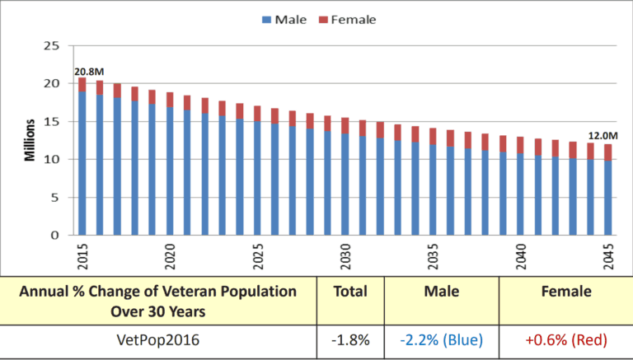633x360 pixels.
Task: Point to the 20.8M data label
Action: [89, 72]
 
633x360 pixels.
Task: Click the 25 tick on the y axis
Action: [51, 45]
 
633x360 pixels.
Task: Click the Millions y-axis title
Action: [29, 140]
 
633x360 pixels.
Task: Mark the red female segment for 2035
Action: [434, 136]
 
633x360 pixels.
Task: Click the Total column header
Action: [352, 291]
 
